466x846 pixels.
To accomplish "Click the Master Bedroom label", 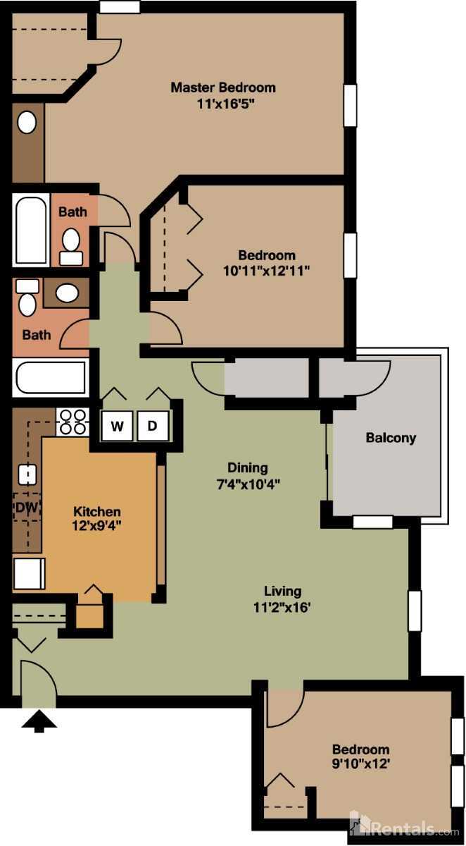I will (x=222, y=88).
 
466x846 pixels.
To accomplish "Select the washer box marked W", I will (x=117, y=425).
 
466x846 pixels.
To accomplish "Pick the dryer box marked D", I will (x=153, y=425).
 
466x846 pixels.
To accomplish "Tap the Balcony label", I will (x=391, y=438).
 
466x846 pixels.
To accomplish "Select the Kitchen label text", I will (x=97, y=512).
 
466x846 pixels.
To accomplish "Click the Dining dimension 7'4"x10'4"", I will (x=247, y=484).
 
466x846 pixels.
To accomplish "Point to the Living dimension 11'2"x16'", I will (x=282, y=607).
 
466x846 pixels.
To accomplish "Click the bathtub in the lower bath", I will (x=50, y=377).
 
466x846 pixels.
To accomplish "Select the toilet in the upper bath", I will (x=70, y=245).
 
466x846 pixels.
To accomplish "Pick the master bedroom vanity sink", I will (x=27, y=123).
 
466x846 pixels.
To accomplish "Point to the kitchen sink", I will (x=27, y=474).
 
